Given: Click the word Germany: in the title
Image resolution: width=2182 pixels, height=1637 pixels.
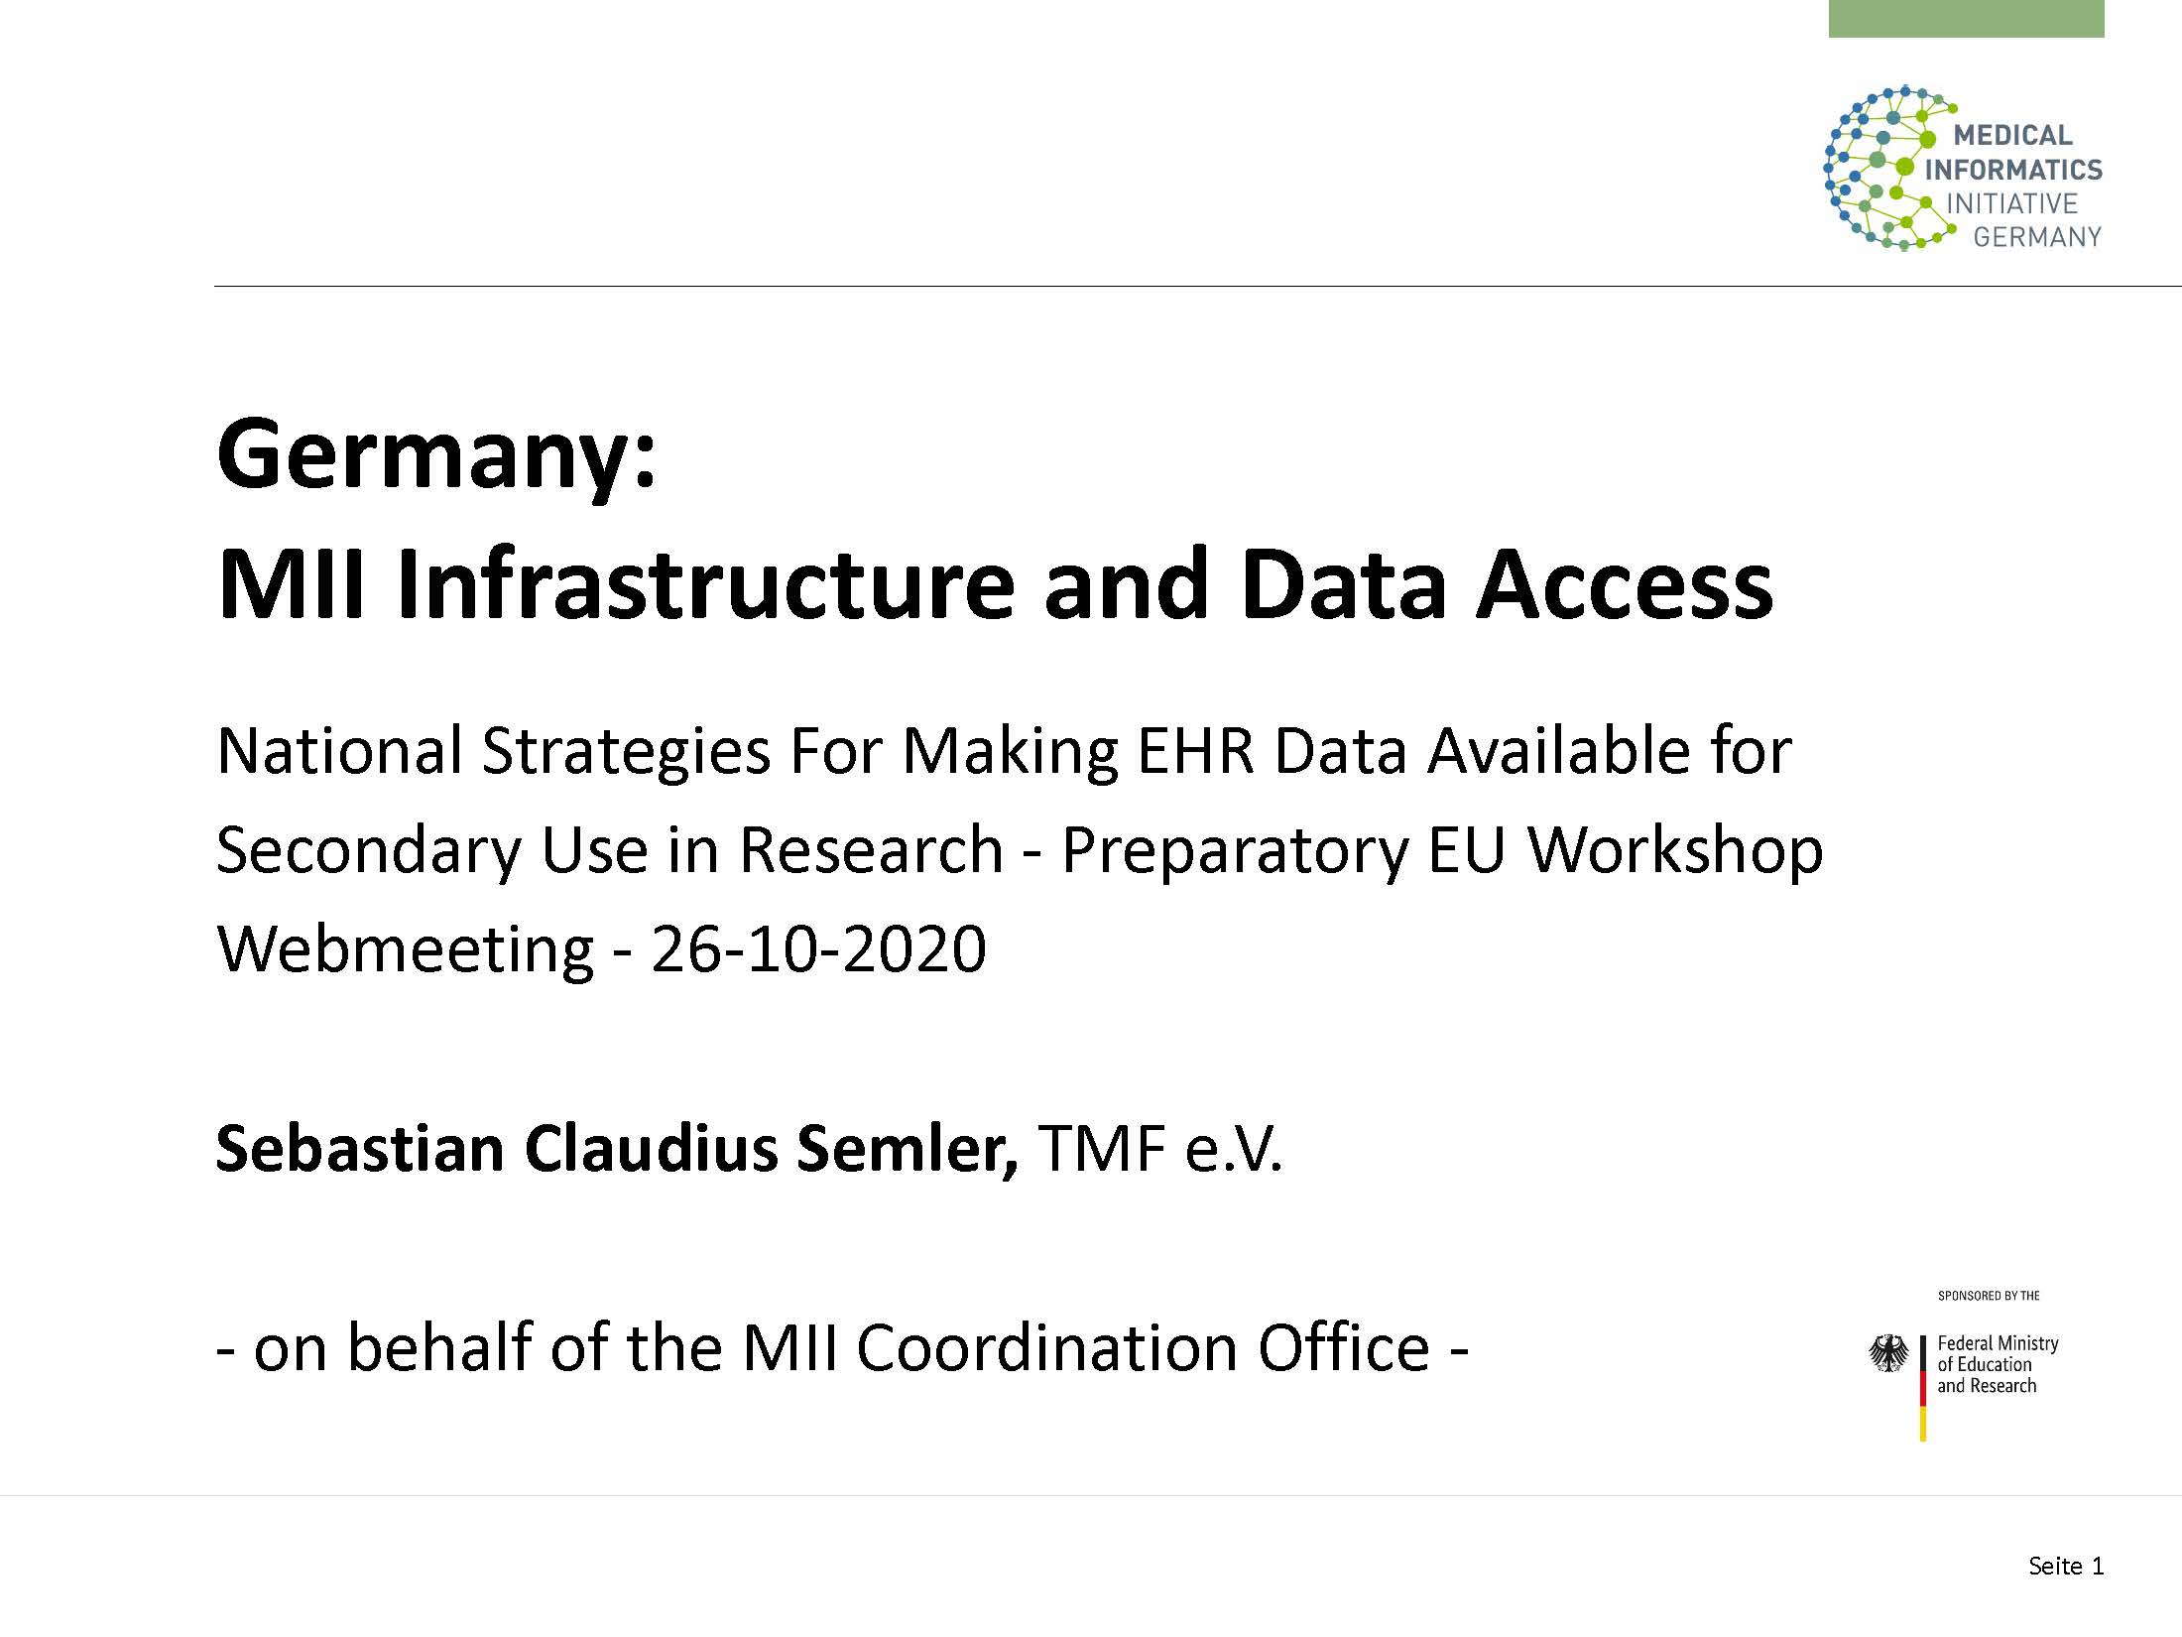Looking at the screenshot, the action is click(436, 456).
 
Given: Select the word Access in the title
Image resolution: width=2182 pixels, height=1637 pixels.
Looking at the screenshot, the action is click(1625, 585).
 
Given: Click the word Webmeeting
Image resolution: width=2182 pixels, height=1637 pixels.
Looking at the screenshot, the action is click(405, 950).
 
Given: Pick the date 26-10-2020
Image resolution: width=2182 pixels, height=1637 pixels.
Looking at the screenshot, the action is click(818, 948).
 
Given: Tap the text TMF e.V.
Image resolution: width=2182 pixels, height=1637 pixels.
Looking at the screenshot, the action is click(1160, 1149).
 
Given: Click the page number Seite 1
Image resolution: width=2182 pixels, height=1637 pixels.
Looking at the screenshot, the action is click(2066, 1566).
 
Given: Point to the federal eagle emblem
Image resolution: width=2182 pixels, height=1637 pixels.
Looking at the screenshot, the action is click(1888, 1353).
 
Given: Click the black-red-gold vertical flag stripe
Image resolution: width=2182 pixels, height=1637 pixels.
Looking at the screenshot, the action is click(1922, 1388).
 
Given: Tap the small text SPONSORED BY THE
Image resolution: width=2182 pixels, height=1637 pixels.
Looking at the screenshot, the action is click(1989, 1296).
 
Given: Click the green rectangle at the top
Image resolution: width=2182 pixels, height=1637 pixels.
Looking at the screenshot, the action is click(1966, 19).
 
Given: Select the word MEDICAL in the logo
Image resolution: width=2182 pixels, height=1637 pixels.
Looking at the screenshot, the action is click(2012, 135).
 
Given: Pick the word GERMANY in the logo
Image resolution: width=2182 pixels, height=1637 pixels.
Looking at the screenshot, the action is click(2037, 237).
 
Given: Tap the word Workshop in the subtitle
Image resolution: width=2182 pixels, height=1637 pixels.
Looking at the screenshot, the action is click(1675, 851).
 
